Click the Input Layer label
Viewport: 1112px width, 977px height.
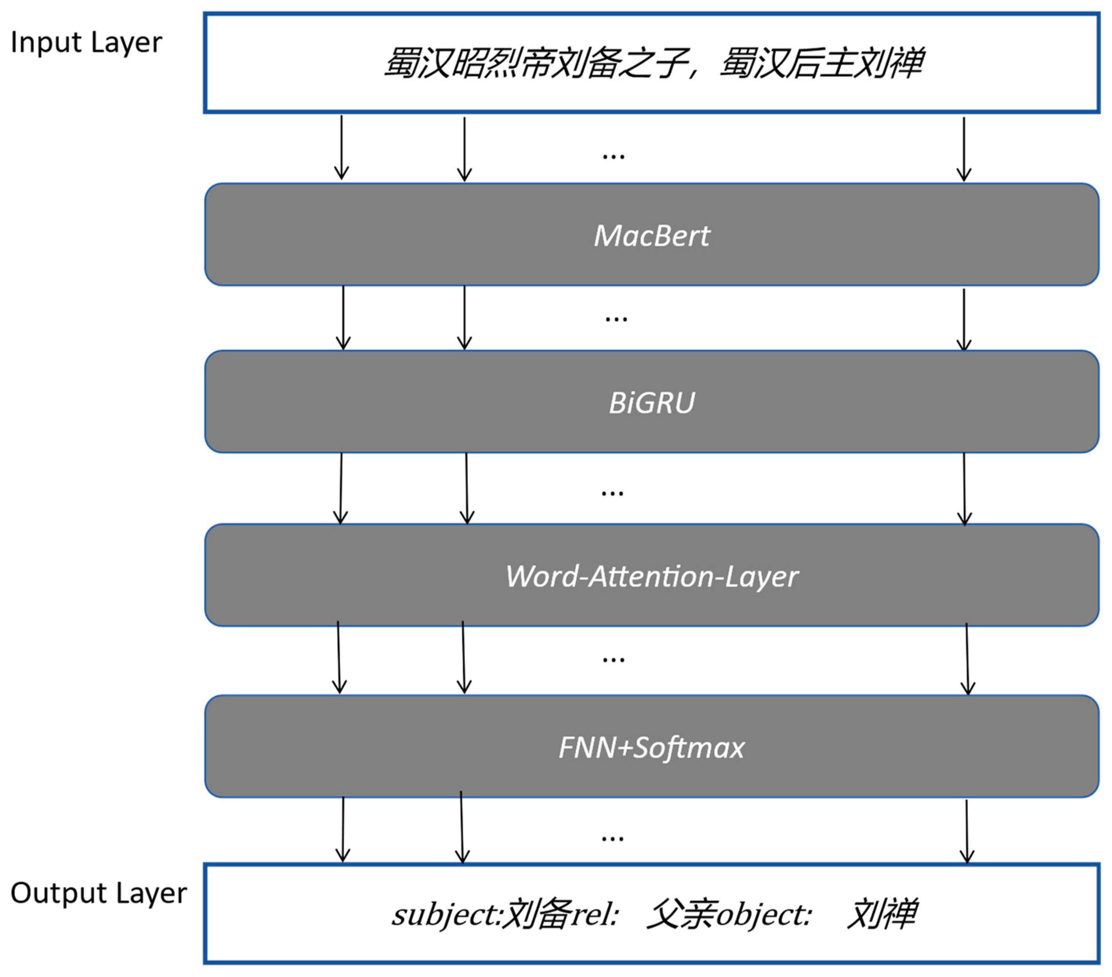pyautogui.click(x=86, y=42)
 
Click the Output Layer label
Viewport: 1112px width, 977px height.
pyautogui.click(x=98, y=893)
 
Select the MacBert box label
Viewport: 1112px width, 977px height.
pyautogui.click(x=651, y=236)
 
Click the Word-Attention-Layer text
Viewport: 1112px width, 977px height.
pyautogui.click(x=651, y=576)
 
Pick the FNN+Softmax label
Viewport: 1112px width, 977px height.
pyautogui.click(x=651, y=747)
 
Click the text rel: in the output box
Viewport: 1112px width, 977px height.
pyautogui.click(x=596, y=915)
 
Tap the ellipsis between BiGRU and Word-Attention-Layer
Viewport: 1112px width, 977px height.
pyautogui.click(x=612, y=494)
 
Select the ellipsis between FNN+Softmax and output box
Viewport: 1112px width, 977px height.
pyautogui.click(x=612, y=839)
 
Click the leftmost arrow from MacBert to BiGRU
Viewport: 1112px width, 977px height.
pyautogui.click(x=343, y=318)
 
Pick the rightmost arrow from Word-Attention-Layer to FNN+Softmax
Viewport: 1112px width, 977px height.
pyautogui.click(x=967, y=659)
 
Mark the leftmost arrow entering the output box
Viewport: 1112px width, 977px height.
pyautogui.click(x=343, y=830)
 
